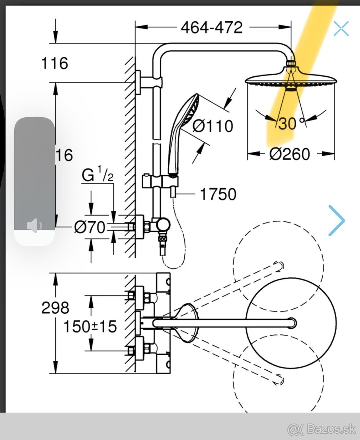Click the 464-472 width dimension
tap(212, 27)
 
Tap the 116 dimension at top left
tap(54, 63)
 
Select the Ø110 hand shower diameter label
tap(213, 126)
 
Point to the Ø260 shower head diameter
tap(290, 154)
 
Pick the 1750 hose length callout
tap(218, 194)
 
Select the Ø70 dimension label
tap(90, 227)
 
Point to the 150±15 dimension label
tap(90, 326)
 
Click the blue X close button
tap(341, 29)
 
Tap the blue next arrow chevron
tap(337, 220)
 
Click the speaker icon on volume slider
tap(34, 226)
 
